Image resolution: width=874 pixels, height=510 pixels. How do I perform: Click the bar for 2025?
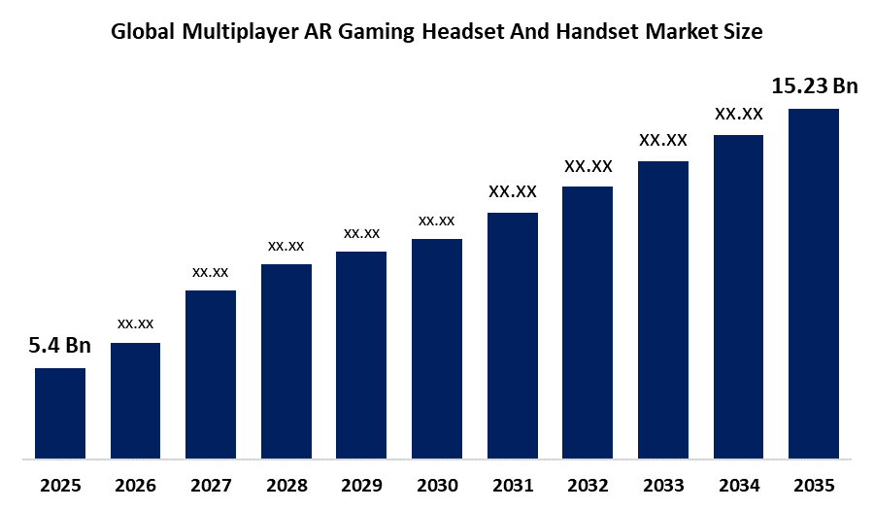point(60,413)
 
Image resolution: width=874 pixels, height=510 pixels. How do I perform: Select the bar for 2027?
point(211,374)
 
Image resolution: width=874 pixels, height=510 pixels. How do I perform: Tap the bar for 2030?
point(437,348)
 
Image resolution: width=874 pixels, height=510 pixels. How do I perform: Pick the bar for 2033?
point(663,309)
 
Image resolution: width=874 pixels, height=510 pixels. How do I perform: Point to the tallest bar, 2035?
point(814,283)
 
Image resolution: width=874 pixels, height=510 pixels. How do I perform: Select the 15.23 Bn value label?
point(815,86)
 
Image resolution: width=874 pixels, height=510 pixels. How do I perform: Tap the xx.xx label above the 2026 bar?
point(136,323)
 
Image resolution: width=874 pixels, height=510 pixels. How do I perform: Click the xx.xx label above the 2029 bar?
point(361,233)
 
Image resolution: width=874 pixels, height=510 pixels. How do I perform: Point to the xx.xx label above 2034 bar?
point(739,114)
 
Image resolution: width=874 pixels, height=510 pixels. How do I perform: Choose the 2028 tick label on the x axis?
point(286,484)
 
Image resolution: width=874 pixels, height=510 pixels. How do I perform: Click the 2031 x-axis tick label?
point(513,484)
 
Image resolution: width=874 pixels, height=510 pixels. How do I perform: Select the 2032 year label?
point(588,484)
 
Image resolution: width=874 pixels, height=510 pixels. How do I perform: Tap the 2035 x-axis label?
point(814,484)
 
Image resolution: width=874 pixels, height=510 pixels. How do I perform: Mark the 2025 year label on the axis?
point(60,484)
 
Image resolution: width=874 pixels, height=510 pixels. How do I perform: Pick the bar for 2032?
point(588,322)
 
